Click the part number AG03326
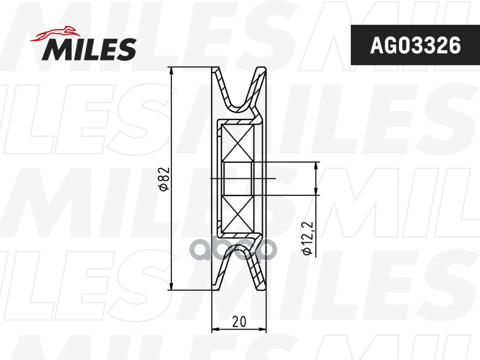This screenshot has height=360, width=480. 415,45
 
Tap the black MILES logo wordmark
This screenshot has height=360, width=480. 89,49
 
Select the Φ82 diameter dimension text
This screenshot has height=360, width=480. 164,179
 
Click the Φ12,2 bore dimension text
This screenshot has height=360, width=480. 307,238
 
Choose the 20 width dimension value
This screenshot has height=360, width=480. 239,321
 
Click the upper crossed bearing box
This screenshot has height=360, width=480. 238,143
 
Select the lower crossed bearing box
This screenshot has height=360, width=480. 238,214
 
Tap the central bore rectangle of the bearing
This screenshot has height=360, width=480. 238,178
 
